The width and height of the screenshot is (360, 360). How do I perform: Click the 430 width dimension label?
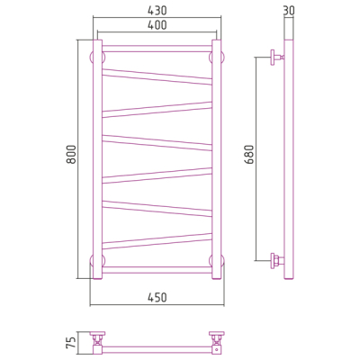click(157, 11)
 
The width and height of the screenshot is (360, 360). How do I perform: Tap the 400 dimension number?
click(157, 25)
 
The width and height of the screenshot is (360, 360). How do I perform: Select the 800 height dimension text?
click(71, 154)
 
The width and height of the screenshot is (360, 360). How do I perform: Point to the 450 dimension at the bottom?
click(157, 298)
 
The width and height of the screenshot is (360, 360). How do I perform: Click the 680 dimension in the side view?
click(249, 154)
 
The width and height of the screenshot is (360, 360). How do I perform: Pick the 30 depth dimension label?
click(289, 11)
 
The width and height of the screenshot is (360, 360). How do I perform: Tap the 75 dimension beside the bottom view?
click(71, 343)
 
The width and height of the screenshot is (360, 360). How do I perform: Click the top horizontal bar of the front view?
click(157, 49)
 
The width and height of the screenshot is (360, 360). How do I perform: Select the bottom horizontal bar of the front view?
click(157, 270)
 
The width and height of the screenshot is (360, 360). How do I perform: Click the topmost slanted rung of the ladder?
click(157, 76)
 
